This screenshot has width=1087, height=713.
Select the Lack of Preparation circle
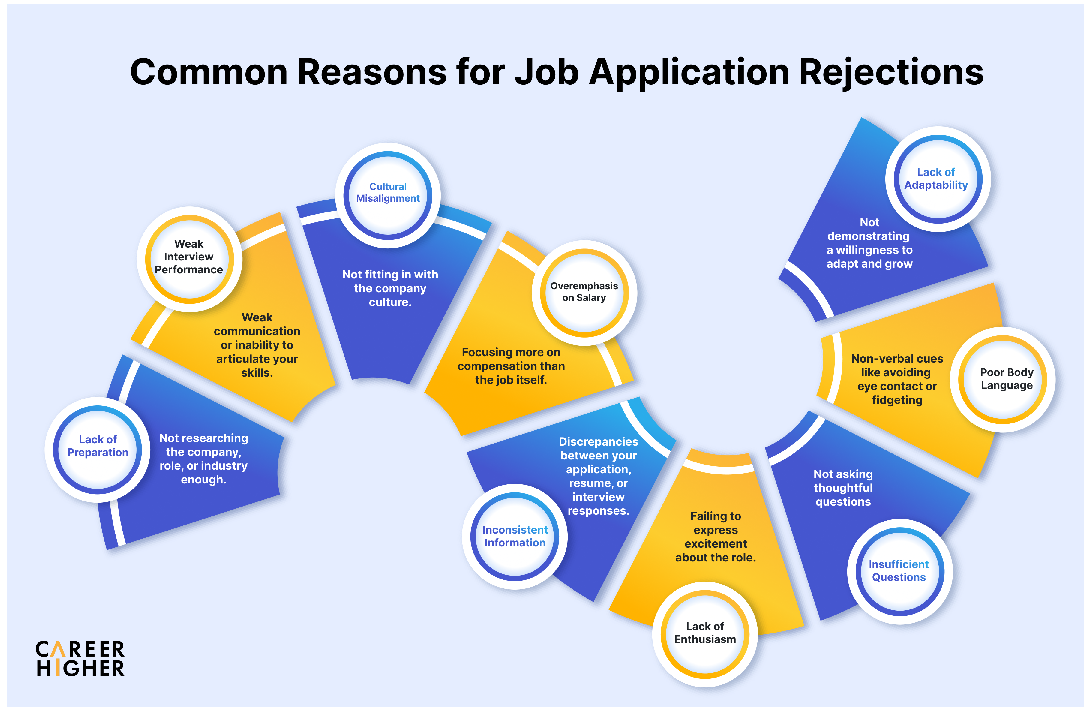tap(98, 450)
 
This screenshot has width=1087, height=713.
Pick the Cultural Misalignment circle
tap(388, 195)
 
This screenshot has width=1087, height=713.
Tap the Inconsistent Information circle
tap(515, 537)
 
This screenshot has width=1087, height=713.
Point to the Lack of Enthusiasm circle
tap(705, 634)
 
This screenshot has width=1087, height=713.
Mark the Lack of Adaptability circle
tap(938, 179)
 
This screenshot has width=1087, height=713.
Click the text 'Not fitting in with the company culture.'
tap(390, 288)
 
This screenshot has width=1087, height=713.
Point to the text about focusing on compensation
tap(511, 366)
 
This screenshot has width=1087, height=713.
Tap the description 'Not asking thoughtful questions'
tap(843, 488)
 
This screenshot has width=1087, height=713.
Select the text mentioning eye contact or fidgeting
tap(897, 379)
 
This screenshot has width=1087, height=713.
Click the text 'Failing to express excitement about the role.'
tap(716, 537)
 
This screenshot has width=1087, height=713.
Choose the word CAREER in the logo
tap(80, 649)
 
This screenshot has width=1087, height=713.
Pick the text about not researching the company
tap(204, 459)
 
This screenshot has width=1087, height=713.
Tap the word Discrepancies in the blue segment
tap(598, 442)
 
